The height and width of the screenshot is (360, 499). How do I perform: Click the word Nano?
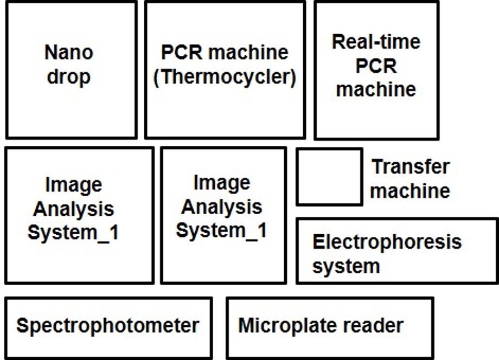pyautogui.click(x=69, y=53)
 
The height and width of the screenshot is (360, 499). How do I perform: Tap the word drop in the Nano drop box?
pyautogui.click(x=69, y=78)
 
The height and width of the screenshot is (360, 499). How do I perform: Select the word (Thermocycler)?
pyautogui.click(x=225, y=78)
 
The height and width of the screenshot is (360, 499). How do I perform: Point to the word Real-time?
pyautogui.click(x=376, y=42)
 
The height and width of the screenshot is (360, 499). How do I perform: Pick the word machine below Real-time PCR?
pyautogui.click(x=376, y=88)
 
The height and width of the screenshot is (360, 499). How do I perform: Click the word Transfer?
pyautogui.click(x=411, y=166)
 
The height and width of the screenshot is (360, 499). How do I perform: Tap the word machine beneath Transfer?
pyautogui.click(x=411, y=191)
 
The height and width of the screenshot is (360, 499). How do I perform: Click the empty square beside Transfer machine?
pyautogui.click(x=329, y=177)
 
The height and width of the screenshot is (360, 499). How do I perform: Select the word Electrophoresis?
pyautogui.click(x=387, y=242)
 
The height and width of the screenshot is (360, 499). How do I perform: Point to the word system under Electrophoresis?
pyautogui.click(x=346, y=266)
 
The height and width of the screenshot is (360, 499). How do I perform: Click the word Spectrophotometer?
pyautogui.click(x=108, y=326)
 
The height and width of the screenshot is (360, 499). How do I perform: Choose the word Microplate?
pyautogui.click(x=286, y=326)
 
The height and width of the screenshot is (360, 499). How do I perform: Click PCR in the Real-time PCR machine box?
pyautogui.click(x=376, y=66)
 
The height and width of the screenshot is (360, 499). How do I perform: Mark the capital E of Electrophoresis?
pyautogui.click(x=318, y=242)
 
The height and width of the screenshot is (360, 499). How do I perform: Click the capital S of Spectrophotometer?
pyautogui.click(x=22, y=326)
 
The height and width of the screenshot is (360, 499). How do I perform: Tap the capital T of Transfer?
pyautogui.click(x=377, y=166)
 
